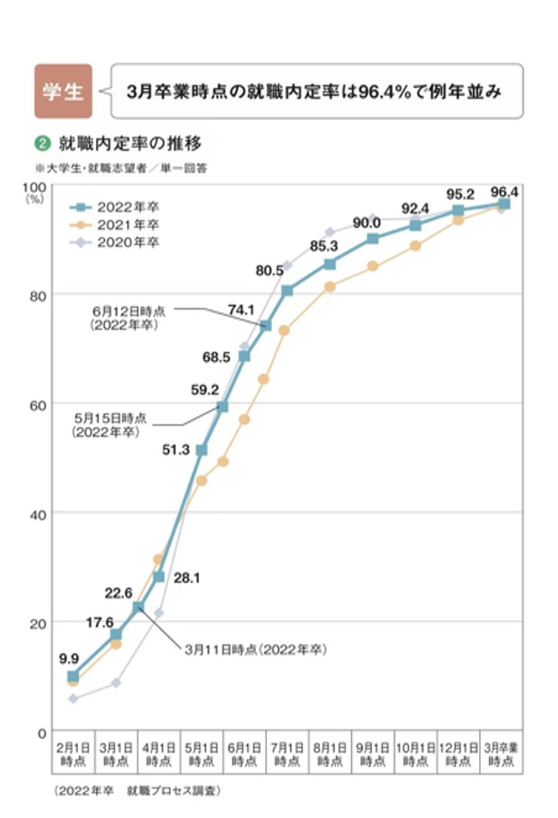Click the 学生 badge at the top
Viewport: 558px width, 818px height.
(63, 90)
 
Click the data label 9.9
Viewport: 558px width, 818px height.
(69, 659)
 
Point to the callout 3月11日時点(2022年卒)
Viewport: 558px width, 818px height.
(256, 649)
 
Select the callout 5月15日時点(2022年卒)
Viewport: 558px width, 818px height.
(109, 425)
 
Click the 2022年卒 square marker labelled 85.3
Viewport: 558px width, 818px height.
(330, 263)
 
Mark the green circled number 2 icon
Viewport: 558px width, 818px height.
(39, 142)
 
